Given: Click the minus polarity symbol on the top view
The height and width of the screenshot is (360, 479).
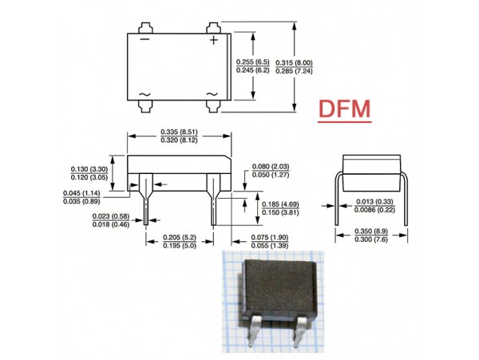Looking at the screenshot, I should point(144,39).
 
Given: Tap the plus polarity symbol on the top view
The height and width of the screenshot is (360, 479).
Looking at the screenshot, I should point(213,39).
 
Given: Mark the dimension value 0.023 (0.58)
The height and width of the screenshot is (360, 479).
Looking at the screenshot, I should point(109,217).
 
